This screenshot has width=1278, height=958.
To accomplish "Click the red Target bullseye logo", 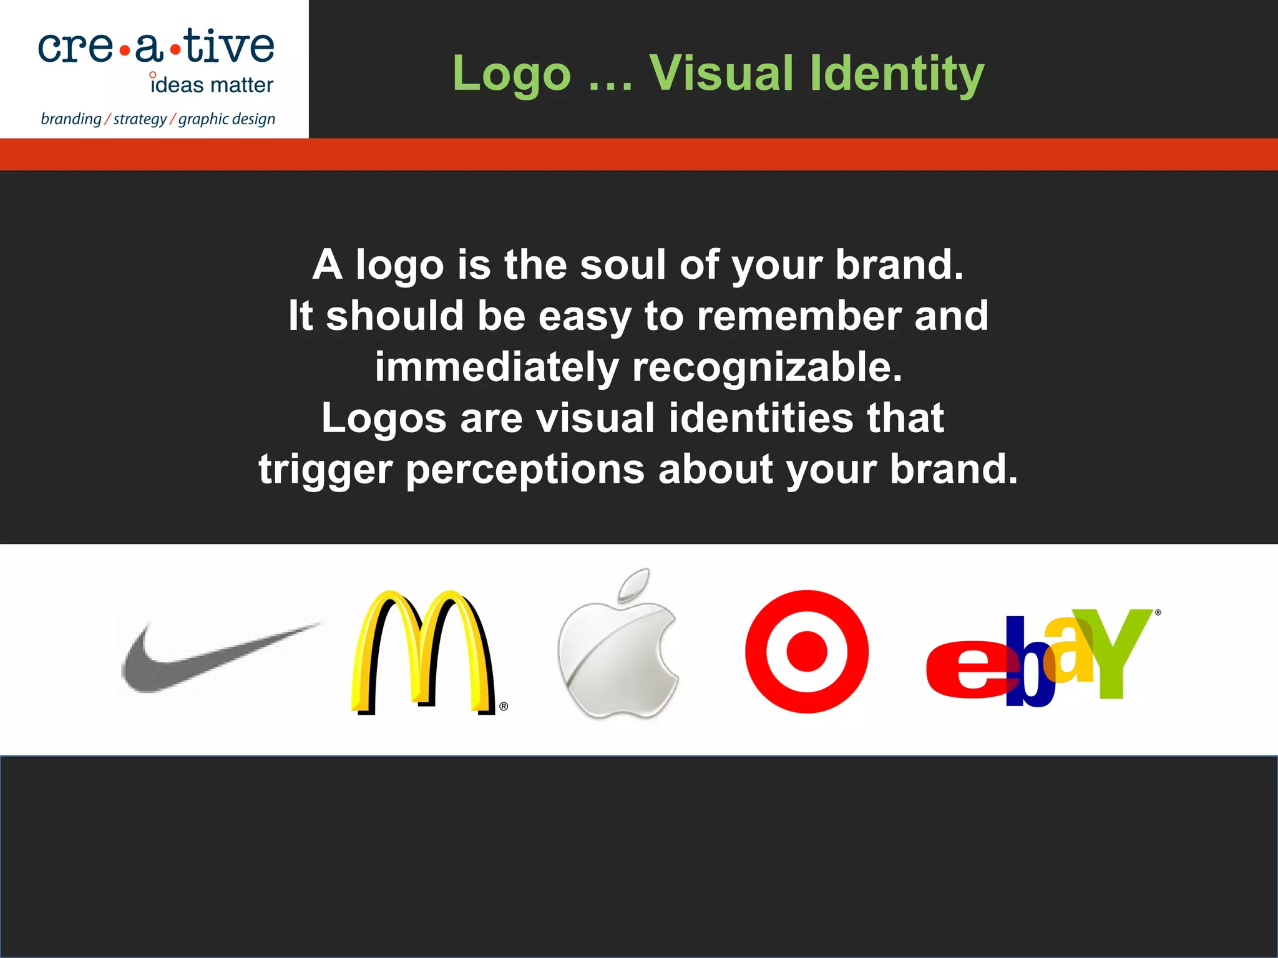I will tap(806, 652).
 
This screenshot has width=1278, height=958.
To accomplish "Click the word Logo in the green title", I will tap(512, 74).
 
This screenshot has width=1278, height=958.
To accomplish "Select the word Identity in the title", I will tap(896, 74).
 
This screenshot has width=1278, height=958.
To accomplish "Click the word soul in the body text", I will tap(622, 264).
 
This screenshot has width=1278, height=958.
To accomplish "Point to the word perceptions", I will tap(525, 470).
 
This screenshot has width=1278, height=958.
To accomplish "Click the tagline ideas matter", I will tap(212, 85).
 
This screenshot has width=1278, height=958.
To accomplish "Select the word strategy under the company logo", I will tap(140, 119).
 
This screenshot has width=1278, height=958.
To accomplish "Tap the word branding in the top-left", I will tap(71, 119).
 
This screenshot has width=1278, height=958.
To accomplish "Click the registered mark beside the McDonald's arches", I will tap(504, 707).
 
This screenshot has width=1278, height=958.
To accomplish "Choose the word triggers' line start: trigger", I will tap(325, 470).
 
